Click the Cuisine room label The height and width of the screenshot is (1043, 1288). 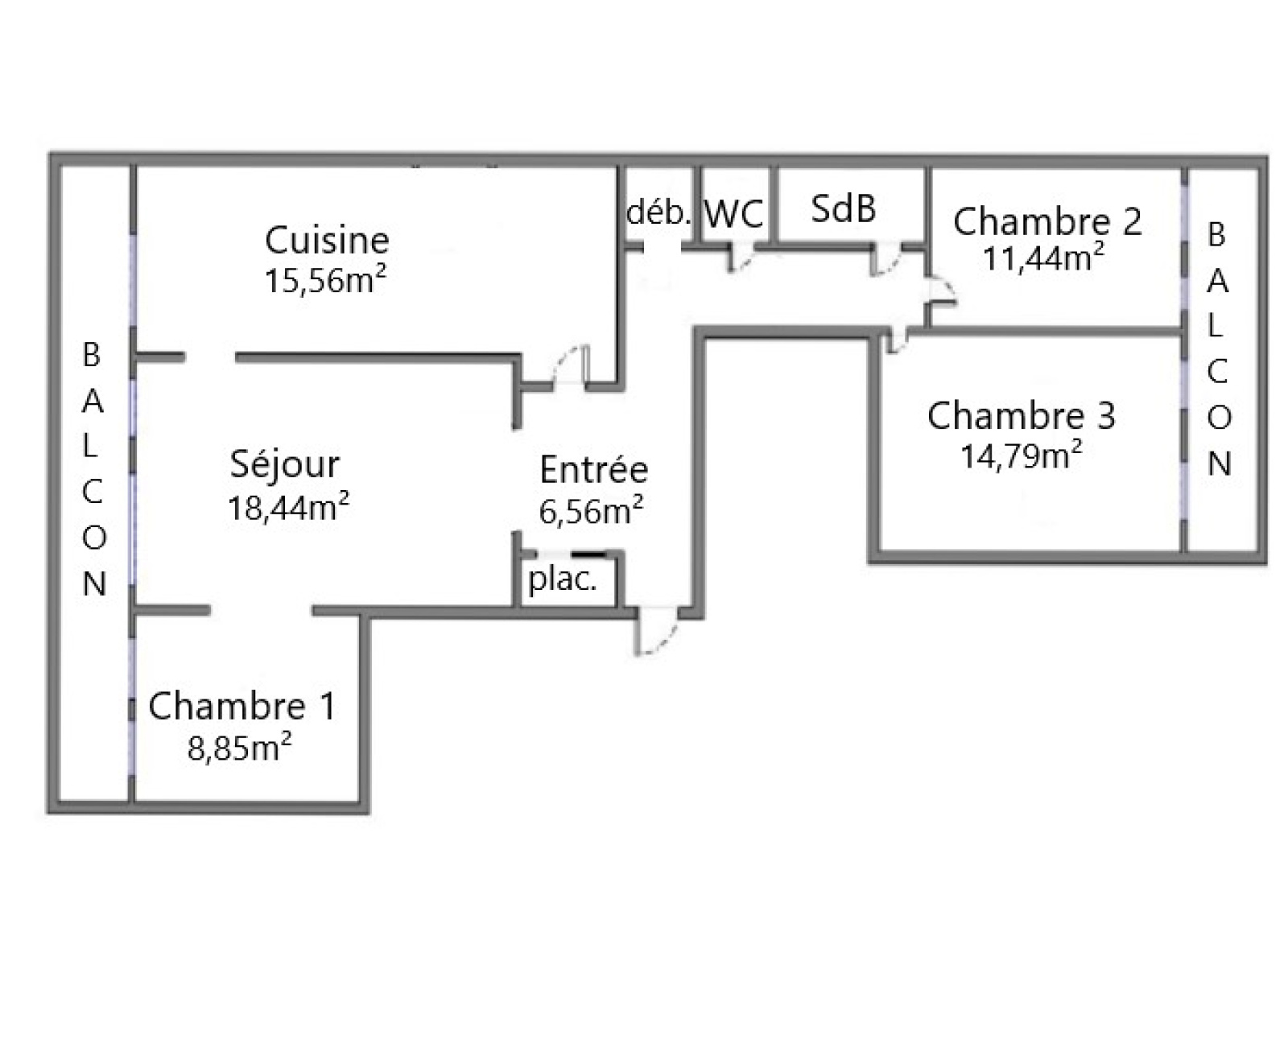(327, 241)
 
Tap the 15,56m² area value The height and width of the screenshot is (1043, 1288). (325, 280)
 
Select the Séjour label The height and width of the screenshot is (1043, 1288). (285, 464)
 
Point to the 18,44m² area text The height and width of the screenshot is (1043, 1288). (288, 507)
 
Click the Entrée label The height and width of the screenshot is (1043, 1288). (593, 469)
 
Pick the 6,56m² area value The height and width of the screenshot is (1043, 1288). (591, 510)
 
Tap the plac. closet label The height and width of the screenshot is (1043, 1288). (563, 579)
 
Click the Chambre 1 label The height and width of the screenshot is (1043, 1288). (242, 706)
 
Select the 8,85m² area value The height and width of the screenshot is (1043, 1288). (239, 748)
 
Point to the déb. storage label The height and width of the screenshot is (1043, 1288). (658, 212)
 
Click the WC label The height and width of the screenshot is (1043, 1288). (734, 214)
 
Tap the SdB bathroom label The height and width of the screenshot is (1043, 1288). (843, 208)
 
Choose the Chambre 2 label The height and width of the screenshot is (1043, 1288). (1046, 221)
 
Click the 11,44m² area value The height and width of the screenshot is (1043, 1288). (1043, 258)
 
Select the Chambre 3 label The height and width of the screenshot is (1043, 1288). (1021, 415)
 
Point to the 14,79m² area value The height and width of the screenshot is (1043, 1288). (1021, 456)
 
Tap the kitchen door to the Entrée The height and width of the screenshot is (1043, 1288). (570, 367)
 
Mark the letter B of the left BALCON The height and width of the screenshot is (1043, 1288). (92, 355)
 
